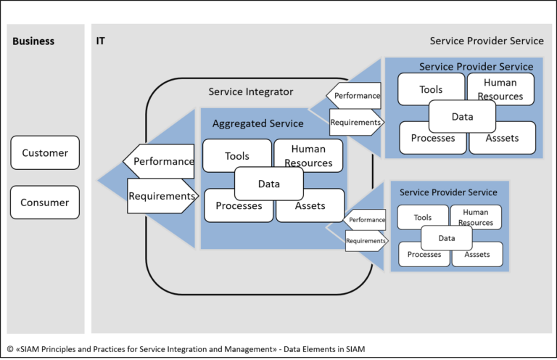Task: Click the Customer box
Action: click(x=45, y=152)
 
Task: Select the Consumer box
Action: click(x=45, y=202)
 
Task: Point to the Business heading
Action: click(x=33, y=41)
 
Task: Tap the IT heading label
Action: click(x=101, y=41)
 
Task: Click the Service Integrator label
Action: click(x=251, y=91)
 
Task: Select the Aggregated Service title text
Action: click(x=257, y=124)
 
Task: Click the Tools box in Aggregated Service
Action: click(x=237, y=156)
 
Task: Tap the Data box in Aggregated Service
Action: click(x=268, y=184)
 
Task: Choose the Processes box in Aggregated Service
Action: click(x=239, y=205)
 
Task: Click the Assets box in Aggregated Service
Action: click(x=310, y=205)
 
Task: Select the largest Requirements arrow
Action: click(x=162, y=196)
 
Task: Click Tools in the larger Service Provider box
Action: click(x=431, y=90)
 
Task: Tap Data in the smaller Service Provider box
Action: click(x=447, y=237)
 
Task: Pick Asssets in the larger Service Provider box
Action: click(x=503, y=138)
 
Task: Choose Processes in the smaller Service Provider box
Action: click(x=424, y=254)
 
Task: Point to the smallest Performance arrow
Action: click(x=365, y=219)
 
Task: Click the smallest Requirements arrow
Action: click(x=366, y=240)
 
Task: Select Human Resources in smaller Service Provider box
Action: click(x=476, y=218)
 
